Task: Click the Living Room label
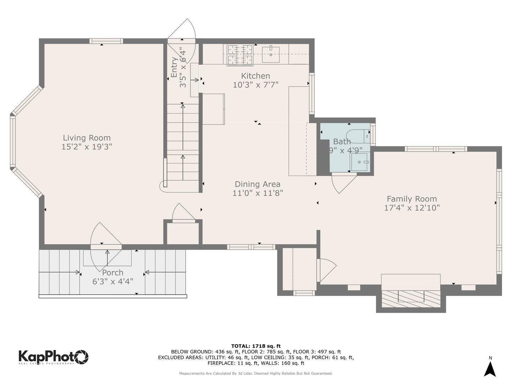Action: (x=87, y=138)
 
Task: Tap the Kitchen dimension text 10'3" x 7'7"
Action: (x=255, y=85)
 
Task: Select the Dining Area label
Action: (x=257, y=184)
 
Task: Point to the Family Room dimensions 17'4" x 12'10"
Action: (x=412, y=208)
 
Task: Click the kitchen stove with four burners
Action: (x=240, y=55)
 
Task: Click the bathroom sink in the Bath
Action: (x=360, y=162)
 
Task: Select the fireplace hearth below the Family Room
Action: (x=411, y=298)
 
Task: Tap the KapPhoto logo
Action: (x=53, y=357)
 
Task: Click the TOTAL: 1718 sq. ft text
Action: (x=256, y=346)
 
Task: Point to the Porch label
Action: (x=113, y=273)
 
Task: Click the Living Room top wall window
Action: (x=106, y=41)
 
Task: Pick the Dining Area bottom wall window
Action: (x=251, y=247)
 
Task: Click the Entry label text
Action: (x=174, y=67)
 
